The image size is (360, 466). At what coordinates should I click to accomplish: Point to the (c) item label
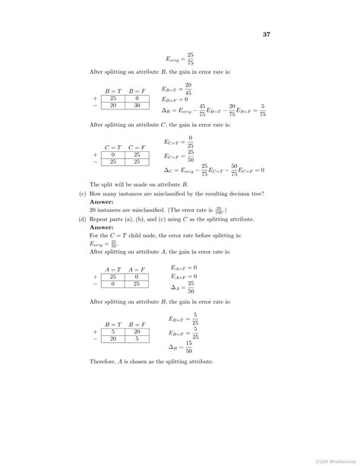point(82,194)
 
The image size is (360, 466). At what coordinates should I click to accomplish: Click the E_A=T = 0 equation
point(184,268)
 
